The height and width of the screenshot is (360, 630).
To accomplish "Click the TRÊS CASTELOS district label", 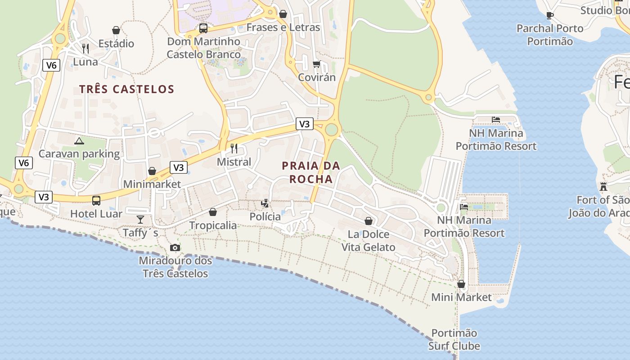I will click(126, 89).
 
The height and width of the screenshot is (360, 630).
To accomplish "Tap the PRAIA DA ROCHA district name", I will click(311, 172).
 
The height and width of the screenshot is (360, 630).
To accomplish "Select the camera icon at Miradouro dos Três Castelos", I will click(175, 247).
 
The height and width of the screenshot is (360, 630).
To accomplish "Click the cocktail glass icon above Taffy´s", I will click(140, 219).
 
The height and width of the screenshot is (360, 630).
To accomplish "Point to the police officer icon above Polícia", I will click(265, 203).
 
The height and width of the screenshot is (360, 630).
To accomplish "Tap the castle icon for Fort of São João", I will click(603, 186).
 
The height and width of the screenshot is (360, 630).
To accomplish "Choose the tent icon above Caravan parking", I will click(79, 141).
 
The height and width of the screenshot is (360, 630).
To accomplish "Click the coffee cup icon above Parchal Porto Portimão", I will click(549, 15).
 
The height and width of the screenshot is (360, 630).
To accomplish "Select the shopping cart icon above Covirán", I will click(316, 64).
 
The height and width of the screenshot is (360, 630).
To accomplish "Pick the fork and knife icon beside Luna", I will click(85, 48).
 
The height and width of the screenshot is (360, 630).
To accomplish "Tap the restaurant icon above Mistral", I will click(234, 148).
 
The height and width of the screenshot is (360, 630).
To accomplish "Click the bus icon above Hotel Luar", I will click(96, 200).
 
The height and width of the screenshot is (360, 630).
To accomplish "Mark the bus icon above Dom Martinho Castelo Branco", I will click(203, 28).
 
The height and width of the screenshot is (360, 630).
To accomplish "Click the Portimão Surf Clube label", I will click(454, 339).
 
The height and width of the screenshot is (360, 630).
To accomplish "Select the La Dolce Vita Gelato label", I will click(369, 241).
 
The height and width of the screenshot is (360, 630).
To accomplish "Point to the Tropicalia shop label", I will click(213, 225).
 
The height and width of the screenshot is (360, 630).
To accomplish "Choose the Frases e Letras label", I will click(283, 27).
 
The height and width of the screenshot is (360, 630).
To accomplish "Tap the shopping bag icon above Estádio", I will click(116, 30).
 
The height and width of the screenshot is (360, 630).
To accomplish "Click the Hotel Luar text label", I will click(96, 214).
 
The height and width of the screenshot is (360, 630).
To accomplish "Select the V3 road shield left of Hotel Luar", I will click(44, 197).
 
